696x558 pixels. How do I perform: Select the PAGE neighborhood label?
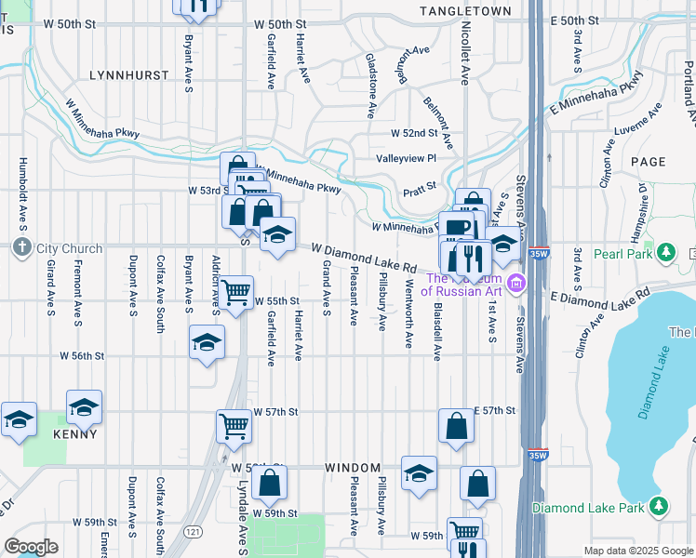coord(648,161)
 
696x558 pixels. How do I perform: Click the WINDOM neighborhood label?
coord(353,467)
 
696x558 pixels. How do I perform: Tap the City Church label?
coord(61,248)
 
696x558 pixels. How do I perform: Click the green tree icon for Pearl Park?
coord(666,252)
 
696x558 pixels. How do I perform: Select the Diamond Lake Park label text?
coord(589,508)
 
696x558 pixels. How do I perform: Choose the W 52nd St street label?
coord(413,134)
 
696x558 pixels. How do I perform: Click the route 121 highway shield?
coord(192,531)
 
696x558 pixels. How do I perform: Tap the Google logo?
coord(31,547)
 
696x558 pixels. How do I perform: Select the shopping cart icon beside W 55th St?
coord(236,293)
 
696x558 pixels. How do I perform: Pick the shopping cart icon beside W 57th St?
coord(234,426)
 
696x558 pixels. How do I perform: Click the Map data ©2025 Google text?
coord(637,551)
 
